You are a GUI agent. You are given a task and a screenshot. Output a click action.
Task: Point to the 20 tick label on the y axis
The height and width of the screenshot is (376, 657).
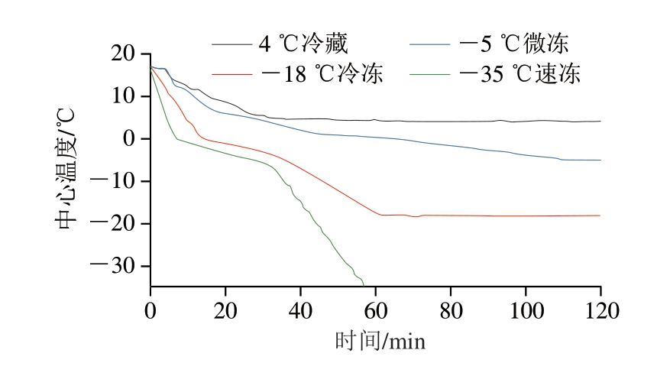[122, 54]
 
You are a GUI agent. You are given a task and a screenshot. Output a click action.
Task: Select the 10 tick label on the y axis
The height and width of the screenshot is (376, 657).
[122, 97]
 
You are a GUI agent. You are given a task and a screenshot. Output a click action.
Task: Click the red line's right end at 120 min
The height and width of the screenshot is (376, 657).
[600, 216]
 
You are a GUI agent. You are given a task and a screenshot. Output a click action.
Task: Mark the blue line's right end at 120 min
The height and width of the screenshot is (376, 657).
[600, 160]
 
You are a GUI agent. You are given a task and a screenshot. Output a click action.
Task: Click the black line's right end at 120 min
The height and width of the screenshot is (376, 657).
[600, 122]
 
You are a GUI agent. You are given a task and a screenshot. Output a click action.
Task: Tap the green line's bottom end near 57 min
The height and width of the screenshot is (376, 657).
[364, 284]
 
